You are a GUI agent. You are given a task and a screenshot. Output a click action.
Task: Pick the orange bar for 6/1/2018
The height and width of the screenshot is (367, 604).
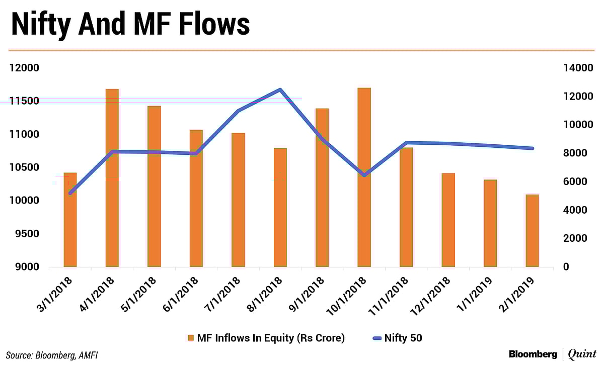[196, 198]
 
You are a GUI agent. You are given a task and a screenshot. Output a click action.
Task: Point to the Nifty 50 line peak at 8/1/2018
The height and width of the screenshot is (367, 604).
[280, 89]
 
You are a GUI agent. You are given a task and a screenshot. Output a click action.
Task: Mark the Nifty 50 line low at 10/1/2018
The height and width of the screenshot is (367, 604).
[364, 175]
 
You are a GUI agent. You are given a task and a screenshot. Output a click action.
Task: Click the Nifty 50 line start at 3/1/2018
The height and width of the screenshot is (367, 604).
[70, 193]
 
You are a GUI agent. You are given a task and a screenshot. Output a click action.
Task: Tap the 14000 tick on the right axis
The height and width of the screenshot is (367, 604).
[575, 68]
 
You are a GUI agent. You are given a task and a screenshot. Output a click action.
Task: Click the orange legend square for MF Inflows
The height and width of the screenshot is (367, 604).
[190, 338]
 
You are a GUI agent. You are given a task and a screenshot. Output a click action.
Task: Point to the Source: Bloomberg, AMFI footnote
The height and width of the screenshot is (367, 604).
[52, 355]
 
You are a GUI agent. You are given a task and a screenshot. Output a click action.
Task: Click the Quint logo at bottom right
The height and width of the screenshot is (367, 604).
[582, 355]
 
